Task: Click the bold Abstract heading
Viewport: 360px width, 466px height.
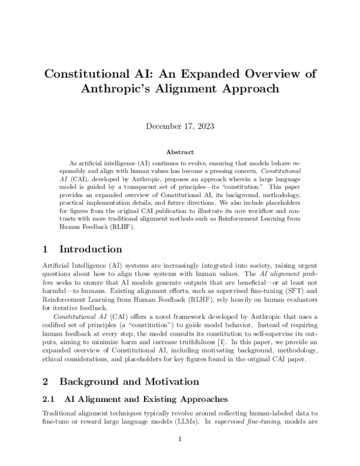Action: click(x=180, y=153)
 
